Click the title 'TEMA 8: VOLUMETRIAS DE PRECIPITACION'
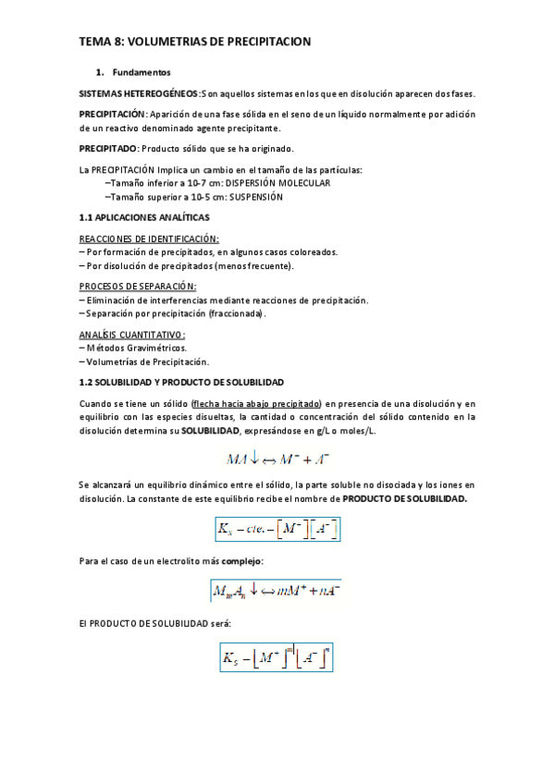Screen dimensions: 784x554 [x=194, y=42]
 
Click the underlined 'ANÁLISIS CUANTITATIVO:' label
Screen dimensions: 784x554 [x=132, y=335]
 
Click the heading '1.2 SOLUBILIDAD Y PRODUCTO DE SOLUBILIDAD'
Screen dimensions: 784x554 [x=180, y=382]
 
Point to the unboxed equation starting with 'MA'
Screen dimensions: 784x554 [x=277, y=458]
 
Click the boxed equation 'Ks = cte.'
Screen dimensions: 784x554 [x=277, y=529]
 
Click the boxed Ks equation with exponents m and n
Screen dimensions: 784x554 [x=277, y=657]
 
